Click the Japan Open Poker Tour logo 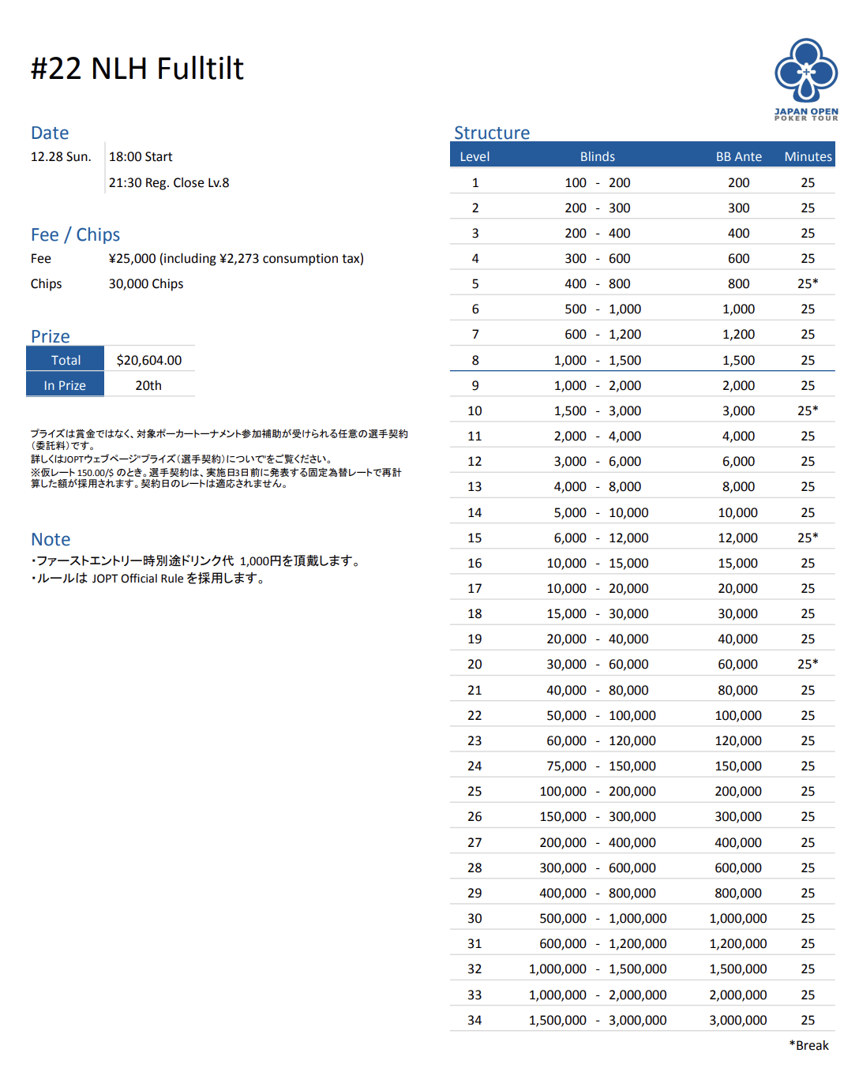pyautogui.click(x=805, y=79)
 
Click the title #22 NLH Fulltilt pyautogui.click(x=137, y=69)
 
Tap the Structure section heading pyautogui.click(x=491, y=133)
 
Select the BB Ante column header pyautogui.click(x=738, y=156)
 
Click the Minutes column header pyautogui.click(x=808, y=156)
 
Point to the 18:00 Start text pyautogui.click(x=141, y=156)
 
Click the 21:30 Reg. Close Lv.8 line pyautogui.click(x=169, y=182)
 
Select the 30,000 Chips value pyautogui.click(x=146, y=283)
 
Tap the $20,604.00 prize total pyautogui.click(x=148, y=360)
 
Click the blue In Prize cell pyautogui.click(x=65, y=385)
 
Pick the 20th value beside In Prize pyautogui.click(x=148, y=385)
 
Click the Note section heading pyautogui.click(x=51, y=539)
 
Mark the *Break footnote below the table pyautogui.click(x=808, y=1045)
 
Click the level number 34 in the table pyautogui.click(x=475, y=1020)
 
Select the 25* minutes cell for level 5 pyautogui.click(x=808, y=283)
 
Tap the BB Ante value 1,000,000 pyautogui.click(x=738, y=918)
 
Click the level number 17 pyautogui.click(x=475, y=588)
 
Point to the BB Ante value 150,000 pyautogui.click(x=738, y=766)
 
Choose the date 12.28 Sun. pyautogui.click(x=61, y=156)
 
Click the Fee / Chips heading pyautogui.click(x=75, y=234)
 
